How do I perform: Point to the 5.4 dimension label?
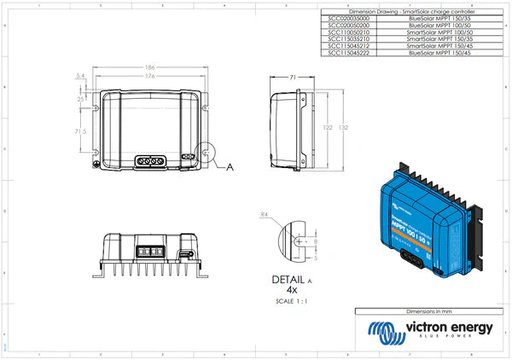80,76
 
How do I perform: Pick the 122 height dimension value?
326,126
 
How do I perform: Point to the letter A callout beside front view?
230,168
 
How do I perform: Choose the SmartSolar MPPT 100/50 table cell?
434,32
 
